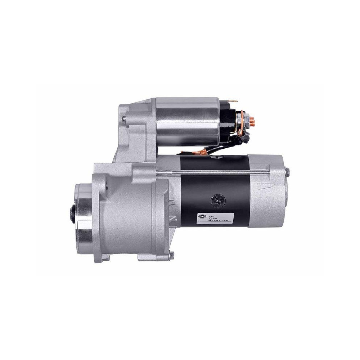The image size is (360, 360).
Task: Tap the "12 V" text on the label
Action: pos(217,212)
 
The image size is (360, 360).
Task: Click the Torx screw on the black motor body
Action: pos(217,199)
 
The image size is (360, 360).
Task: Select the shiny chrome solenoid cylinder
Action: pos(187,121)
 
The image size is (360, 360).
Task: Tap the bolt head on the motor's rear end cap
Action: pos(287,172)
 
